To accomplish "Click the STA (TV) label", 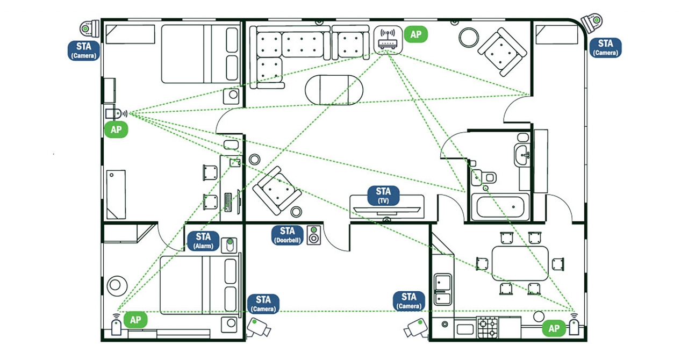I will coord(383,195).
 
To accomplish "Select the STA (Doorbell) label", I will coord(288,235).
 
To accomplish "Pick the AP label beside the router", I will coord(415,34).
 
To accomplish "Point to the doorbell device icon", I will coord(313,235).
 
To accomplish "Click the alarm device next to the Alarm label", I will coord(230,244).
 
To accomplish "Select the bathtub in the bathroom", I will coord(500,207).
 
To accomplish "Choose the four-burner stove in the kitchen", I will coord(488,327).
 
